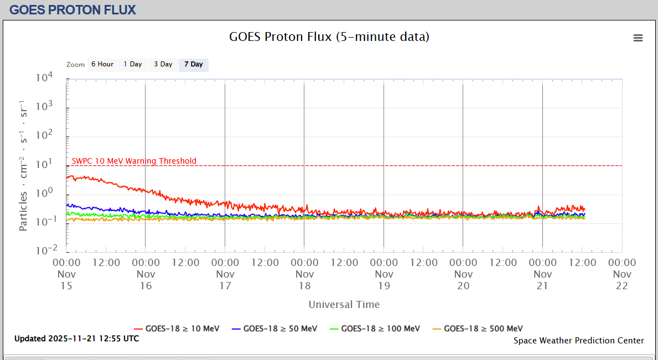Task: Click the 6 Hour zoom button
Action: point(102,65)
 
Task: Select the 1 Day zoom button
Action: point(133,65)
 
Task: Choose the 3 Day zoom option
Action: point(163,65)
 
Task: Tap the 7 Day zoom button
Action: point(194,65)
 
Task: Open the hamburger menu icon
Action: point(638,38)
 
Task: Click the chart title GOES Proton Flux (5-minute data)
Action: point(329,37)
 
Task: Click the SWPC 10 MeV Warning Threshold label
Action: point(134,161)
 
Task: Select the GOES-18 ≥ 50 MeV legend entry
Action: point(274,328)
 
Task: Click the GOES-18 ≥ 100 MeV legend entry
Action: point(375,328)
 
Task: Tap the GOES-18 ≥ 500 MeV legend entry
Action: point(478,328)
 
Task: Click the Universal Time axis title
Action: point(344,305)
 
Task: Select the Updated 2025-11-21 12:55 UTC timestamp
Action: point(77,338)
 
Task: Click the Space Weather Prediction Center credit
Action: point(579,341)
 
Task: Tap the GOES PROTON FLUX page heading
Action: point(73,9)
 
